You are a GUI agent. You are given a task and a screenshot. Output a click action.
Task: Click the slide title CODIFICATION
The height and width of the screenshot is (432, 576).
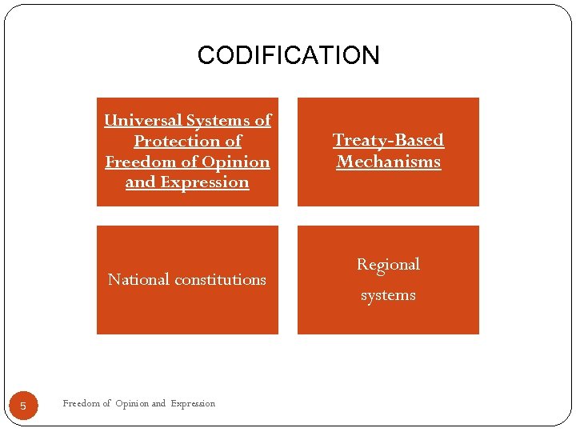click(x=288, y=55)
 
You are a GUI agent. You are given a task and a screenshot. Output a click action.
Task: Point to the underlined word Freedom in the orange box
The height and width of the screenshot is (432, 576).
click(x=141, y=162)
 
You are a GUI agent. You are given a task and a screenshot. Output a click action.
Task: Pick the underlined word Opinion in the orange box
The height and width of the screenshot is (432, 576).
click(x=237, y=162)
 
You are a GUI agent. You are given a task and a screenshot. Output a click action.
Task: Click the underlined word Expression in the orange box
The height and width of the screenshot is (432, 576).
click(x=205, y=182)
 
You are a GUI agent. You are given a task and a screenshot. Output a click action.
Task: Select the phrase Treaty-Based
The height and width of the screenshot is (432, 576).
click(x=388, y=140)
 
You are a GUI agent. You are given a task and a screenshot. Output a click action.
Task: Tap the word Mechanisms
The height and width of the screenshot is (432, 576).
click(x=388, y=162)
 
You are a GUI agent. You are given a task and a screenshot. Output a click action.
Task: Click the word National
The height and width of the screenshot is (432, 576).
click(x=138, y=279)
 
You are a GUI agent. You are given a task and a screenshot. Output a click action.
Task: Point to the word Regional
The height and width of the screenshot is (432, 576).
click(x=388, y=264)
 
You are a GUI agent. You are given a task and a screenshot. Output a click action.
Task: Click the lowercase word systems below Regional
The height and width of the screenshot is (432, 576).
click(x=388, y=295)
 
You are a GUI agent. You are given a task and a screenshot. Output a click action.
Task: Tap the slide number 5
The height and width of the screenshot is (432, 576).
click(x=23, y=406)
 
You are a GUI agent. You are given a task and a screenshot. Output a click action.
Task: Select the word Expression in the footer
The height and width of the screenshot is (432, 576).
click(x=193, y=403)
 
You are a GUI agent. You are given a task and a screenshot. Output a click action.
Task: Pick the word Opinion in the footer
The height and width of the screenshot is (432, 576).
click(x=131, y=403)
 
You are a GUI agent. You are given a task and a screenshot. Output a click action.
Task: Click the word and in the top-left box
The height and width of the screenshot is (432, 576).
click(x=141, y=182)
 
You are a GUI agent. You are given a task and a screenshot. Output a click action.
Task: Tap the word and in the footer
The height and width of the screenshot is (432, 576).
click(x=158, y=403)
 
